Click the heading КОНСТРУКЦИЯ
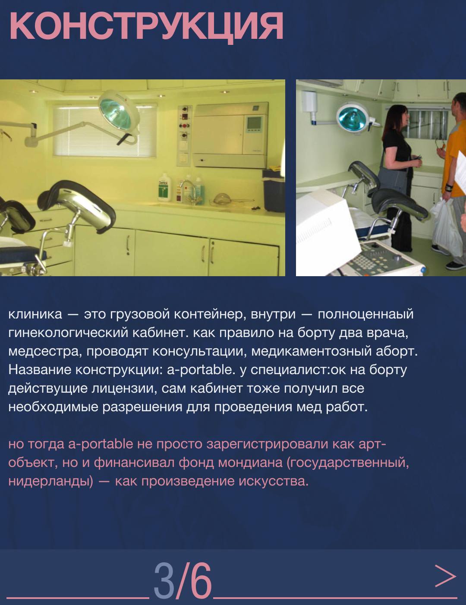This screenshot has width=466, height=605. (146, 26)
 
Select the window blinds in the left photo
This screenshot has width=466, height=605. (104, 131)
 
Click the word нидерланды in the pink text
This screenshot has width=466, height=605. (50, 482)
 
